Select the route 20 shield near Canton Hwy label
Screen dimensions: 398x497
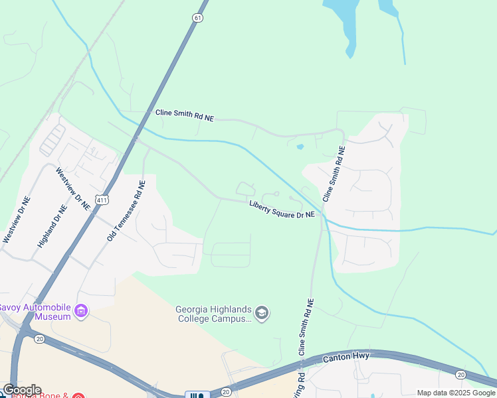(461, 375)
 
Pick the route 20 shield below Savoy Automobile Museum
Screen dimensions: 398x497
(39, 338)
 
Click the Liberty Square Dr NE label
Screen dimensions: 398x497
(282, 210)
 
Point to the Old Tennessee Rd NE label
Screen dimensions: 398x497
(126, 210)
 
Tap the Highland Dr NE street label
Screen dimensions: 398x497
(52, 226)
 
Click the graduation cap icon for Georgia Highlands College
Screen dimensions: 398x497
(262, 313)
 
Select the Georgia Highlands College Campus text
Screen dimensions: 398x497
(214, 313)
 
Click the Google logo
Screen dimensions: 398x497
(21, 390)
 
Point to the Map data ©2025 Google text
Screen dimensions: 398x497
(455, 393)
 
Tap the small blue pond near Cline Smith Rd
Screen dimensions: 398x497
(300, 147)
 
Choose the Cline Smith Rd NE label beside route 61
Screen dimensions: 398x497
(185, 115)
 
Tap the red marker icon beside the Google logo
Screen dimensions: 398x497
(78, 396)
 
